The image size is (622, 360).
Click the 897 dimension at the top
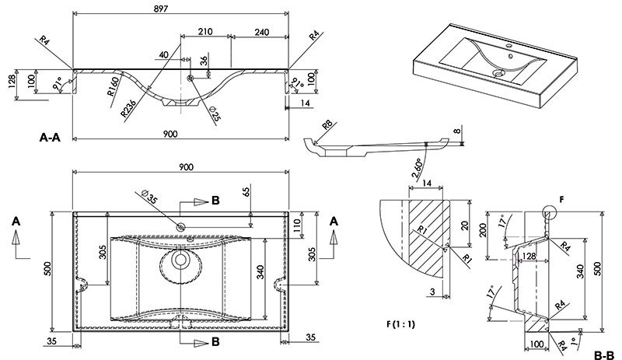[x=181, y=8]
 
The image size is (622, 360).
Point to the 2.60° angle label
[x=418, y=166]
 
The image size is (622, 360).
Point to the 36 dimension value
[x=204, y=61]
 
